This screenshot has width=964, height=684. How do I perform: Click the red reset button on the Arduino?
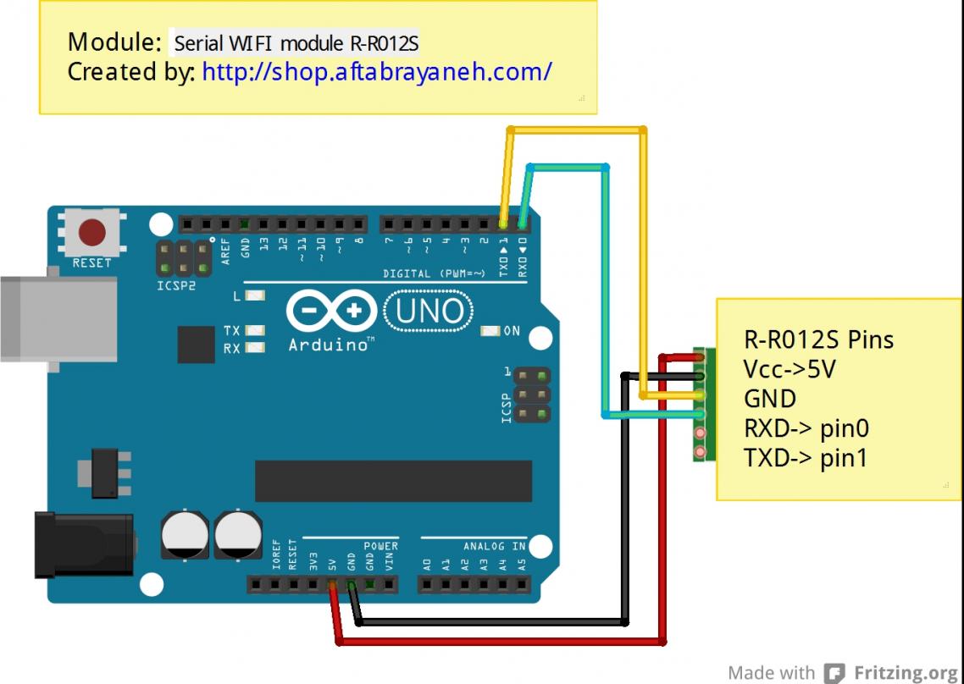pos(91,231)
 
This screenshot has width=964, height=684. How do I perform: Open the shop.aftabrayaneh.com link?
pos(377,72)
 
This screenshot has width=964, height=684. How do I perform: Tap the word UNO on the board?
pos(429,312)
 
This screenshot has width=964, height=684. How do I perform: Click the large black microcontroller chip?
pos(393,481)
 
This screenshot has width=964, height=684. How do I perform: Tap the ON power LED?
pos(490,331)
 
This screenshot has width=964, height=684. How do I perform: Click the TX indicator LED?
pos(253,331)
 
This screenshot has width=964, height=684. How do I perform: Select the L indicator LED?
pos(253,296)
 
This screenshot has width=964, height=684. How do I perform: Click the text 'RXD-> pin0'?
pos(806,428)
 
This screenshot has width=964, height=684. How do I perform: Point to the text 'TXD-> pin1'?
pos(806,458)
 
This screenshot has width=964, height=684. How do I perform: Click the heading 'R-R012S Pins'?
pos(818,339)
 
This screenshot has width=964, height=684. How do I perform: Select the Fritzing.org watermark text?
pos(905,673)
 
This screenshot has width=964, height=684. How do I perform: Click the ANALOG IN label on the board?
pos(494,546)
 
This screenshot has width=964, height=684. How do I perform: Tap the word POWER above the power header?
pos(380,546)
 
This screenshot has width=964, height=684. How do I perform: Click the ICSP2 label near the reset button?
pos(176,286)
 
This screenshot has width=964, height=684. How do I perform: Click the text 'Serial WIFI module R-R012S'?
pos(296,42)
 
